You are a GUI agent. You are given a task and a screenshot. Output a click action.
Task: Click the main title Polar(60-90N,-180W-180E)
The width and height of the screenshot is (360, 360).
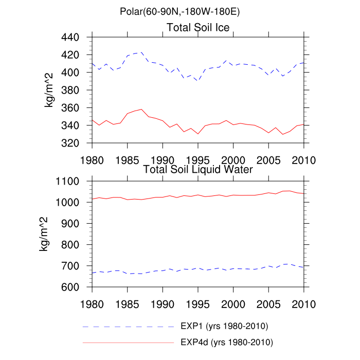pyautogui.click(x=179, y=11)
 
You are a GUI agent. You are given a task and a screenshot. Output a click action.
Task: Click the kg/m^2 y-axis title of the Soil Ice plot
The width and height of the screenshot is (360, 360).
pyautogui.click(x=51, y=90)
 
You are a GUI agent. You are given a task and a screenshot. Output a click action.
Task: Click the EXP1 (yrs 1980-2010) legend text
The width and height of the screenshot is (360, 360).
pyautogui.click(x=224, y=326)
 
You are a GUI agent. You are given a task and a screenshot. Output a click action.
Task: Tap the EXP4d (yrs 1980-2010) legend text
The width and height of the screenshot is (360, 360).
pyautogui.click(x=226, y=342)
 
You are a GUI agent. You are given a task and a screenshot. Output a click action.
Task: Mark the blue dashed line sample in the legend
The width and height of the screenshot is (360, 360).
pyautogui.click(x=129, y=327)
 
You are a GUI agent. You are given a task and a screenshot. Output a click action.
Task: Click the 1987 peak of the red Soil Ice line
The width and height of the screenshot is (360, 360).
pyautogui.click(x=141, y=109)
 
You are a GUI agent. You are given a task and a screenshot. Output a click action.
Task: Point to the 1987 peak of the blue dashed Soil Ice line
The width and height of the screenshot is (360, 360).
pyautogui.click(x=141, y=52)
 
